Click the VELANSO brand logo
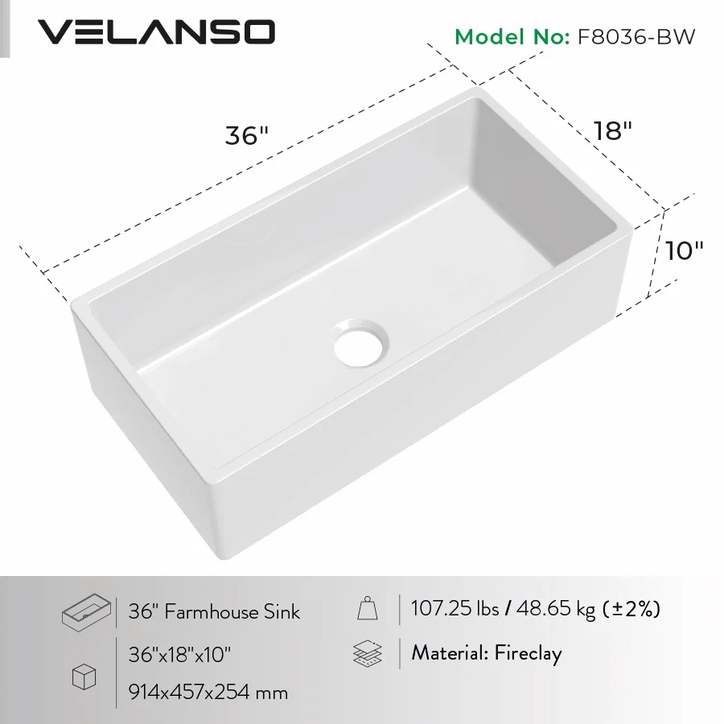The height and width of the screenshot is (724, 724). [x=157, y=32]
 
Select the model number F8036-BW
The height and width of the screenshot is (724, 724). [x=631, y=37]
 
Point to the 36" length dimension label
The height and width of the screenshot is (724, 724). [x=245, y=135]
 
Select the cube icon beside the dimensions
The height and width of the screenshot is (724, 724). [x=84, y=677]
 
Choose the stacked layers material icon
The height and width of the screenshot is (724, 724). [x=368, y=652]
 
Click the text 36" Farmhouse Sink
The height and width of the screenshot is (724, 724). [x=214, y=612]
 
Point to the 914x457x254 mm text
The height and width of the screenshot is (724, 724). [x=208, y=691]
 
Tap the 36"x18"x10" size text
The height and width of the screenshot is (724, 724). [x=180, y=654]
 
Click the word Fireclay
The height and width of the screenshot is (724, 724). [x=528, y=652]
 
